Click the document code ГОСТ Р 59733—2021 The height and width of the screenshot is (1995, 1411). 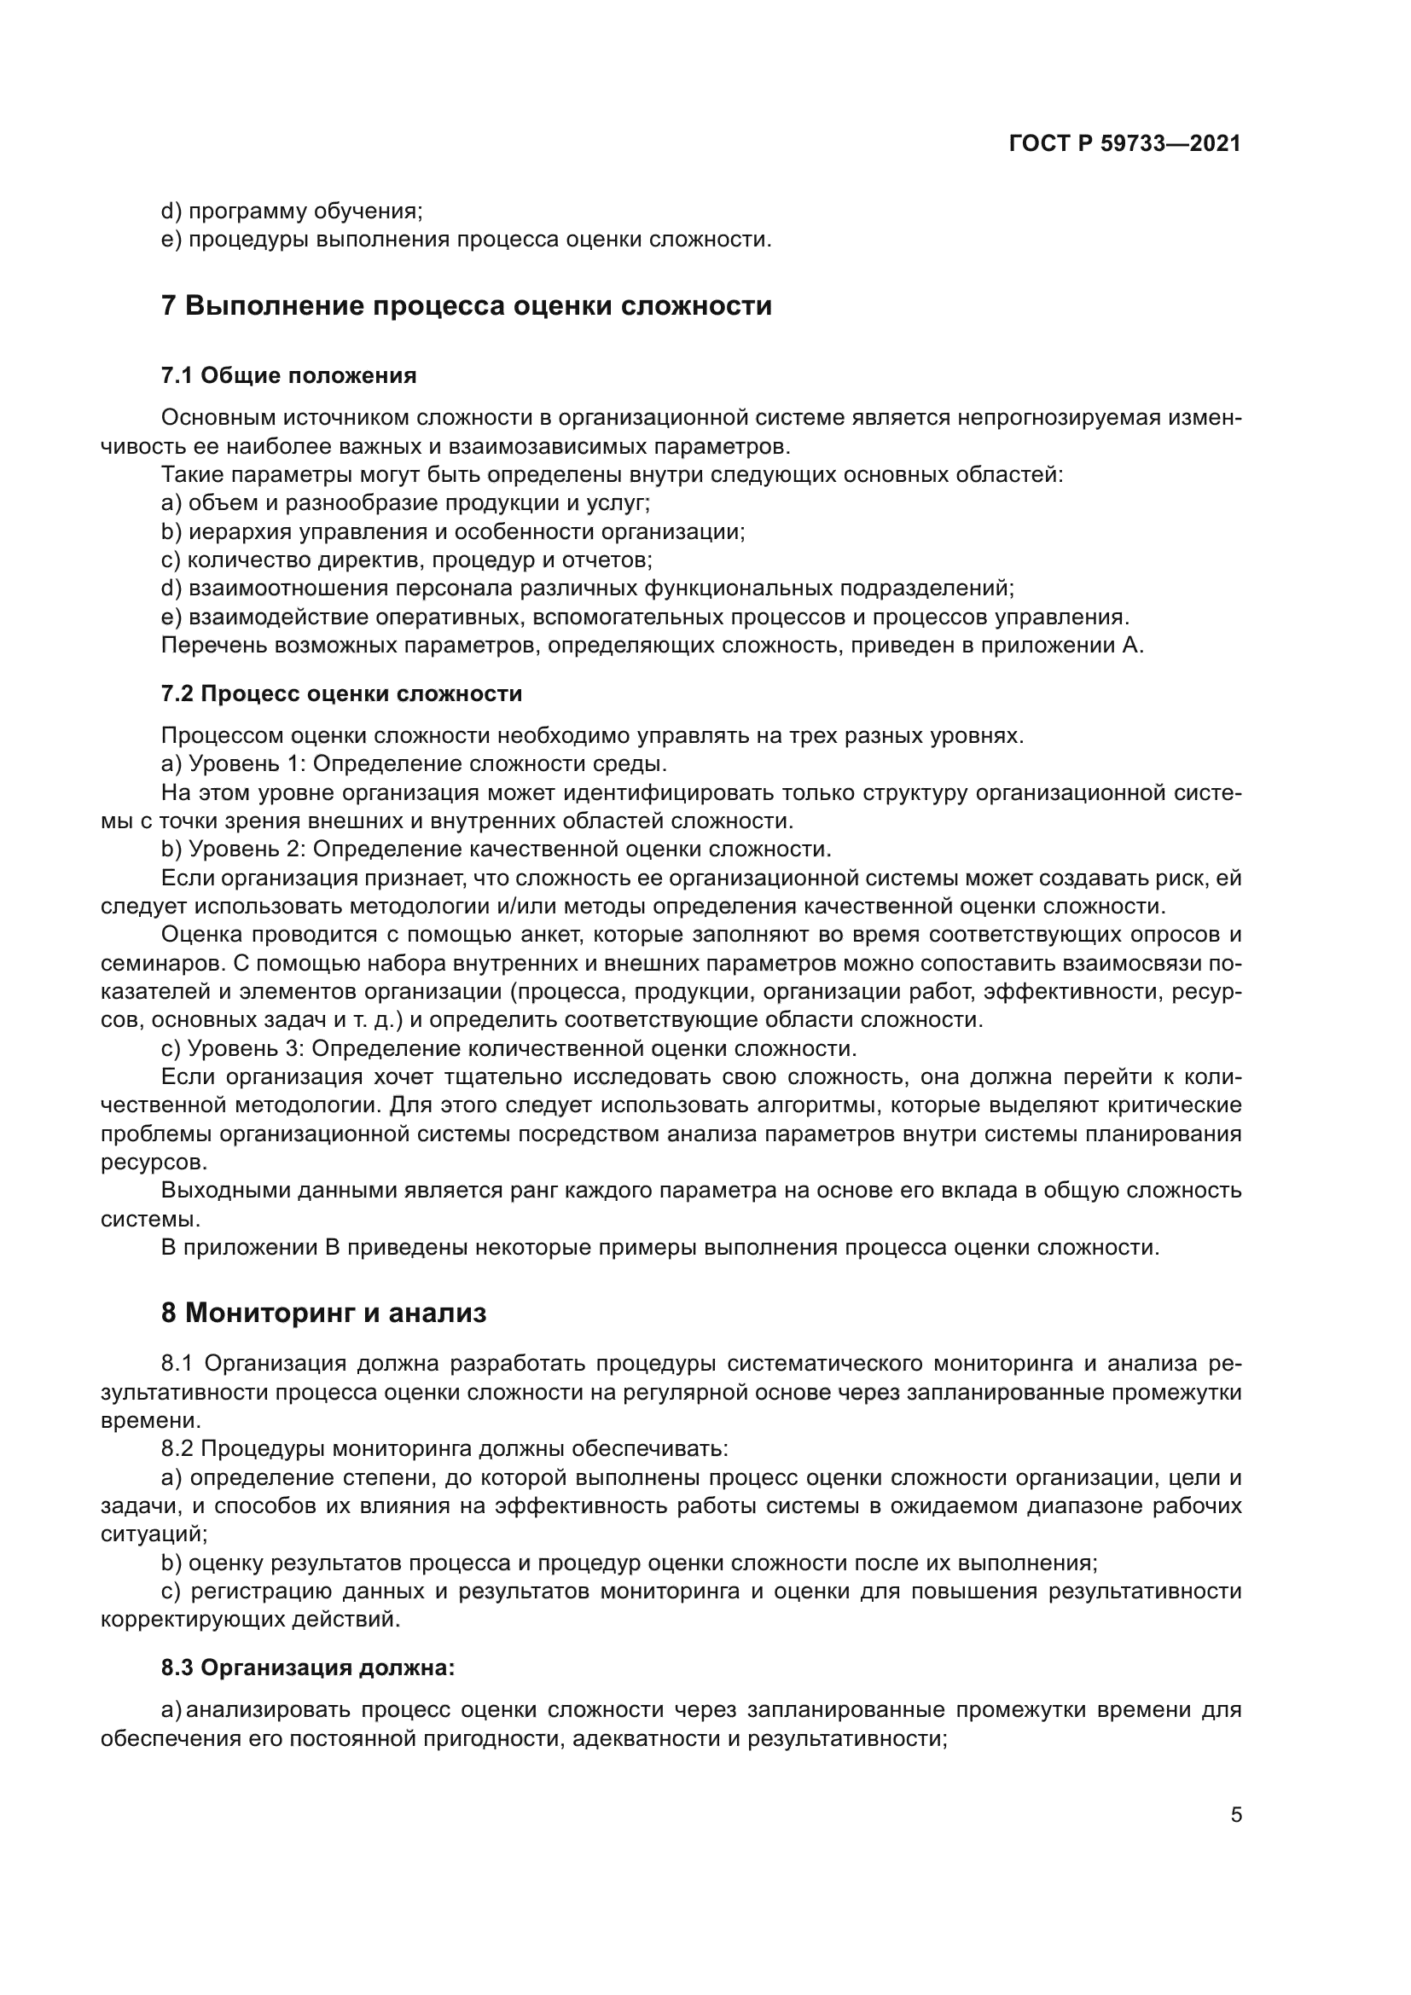1124,143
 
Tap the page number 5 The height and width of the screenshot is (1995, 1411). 1235,1814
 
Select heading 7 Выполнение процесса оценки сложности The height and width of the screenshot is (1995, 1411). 466,306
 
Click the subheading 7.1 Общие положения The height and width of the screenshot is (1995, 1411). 288,375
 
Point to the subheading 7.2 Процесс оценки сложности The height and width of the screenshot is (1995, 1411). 341,693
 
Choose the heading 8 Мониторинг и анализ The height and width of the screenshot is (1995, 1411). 323,1312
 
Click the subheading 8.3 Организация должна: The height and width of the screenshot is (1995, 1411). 308,1667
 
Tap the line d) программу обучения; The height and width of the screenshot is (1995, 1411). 292,212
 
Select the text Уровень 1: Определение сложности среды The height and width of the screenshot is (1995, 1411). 427,763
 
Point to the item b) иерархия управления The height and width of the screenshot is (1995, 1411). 453,531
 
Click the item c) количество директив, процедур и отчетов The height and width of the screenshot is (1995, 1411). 407,560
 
